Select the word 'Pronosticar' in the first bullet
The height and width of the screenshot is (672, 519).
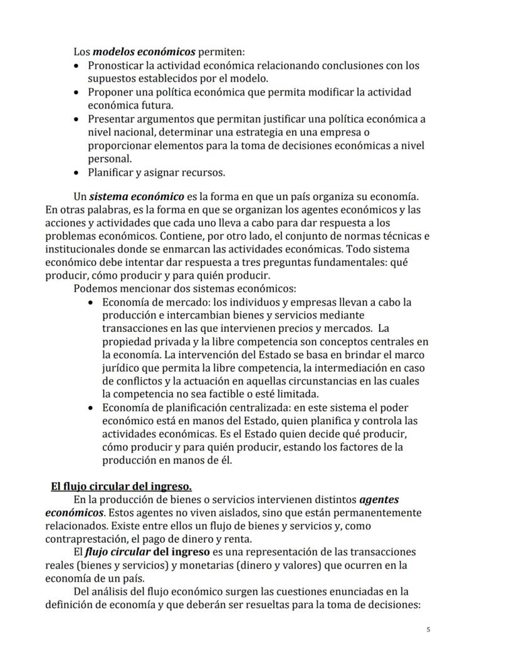tap(117, 65)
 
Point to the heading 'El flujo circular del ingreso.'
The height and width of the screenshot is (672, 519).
tap(121, 486)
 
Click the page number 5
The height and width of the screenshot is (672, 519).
tap(428, 629)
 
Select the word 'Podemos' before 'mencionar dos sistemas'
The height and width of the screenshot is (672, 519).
tap(93, 289)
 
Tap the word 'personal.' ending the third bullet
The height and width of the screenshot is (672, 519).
tap(109, 159)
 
